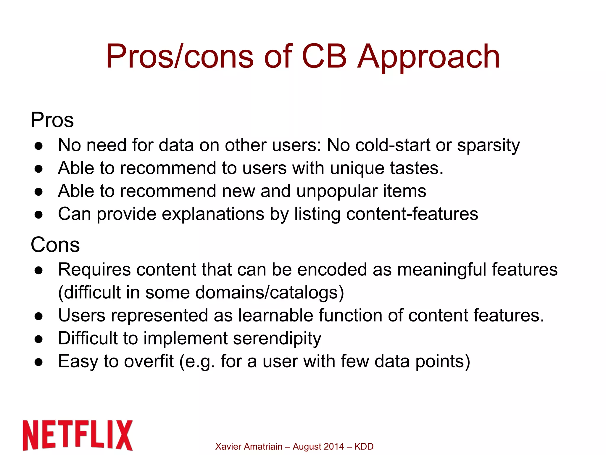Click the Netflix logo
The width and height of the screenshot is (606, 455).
click(78, 435)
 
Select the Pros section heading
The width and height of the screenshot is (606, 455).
click(52, 120)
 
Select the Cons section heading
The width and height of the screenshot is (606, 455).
click(55, 245)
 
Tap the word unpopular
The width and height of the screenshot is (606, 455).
click(336, 191)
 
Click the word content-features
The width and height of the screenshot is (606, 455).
click(412, 214)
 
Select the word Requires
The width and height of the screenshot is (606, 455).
click(94, 270)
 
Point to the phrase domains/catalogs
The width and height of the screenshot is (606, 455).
click(270, 292)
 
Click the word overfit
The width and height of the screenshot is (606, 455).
click(149, 361)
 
